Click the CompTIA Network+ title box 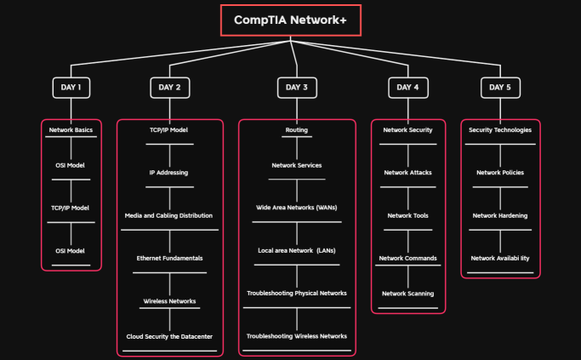(x=291, y=20)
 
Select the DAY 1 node (x=71, y=88)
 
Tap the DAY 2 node (x=169, y=88)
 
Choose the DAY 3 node (x=297, y=88)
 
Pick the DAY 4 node (x=407, y=88)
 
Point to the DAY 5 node (x=500, y=88)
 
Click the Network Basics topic (x=71, y=130)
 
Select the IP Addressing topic (x=168, y=173)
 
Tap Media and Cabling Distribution (x=168, y=215)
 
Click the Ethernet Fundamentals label (x=169, y=258)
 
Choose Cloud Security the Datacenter (x=169, y=336)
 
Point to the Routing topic (x=297, y=130)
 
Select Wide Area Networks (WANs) (x=297, y=208)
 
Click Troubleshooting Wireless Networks (x=297, y=336)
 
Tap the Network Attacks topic (x=407, y=173)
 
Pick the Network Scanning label (x=407, y=294)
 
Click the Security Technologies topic (x=500, y=130)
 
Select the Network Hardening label (x=500, y=215)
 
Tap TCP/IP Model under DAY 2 (x=168, y=130)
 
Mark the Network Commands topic (x=407, y=258)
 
